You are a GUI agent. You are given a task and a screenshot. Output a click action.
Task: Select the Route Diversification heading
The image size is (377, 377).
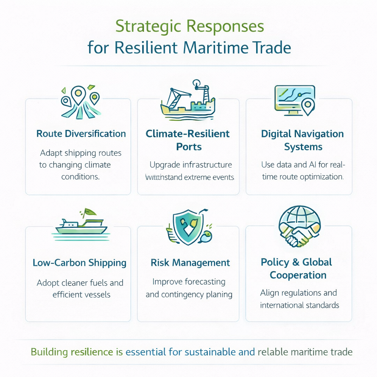tap(81, 134)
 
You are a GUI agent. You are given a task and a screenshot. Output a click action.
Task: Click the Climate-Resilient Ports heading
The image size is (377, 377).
tap(187, 140)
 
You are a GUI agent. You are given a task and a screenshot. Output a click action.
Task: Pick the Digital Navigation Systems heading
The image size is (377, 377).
tap(302, 140)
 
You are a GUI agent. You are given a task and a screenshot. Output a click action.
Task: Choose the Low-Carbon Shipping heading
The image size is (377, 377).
tap(80, 263)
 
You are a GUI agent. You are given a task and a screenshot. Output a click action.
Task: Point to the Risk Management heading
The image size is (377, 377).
tap(190, 263)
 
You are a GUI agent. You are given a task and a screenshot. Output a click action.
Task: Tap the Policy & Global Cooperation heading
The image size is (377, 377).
tap(297, 268)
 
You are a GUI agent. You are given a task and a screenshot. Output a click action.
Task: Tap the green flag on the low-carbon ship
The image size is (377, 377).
tap(89, 212)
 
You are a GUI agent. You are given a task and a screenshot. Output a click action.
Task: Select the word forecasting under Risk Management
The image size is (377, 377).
tap(205, 282)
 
